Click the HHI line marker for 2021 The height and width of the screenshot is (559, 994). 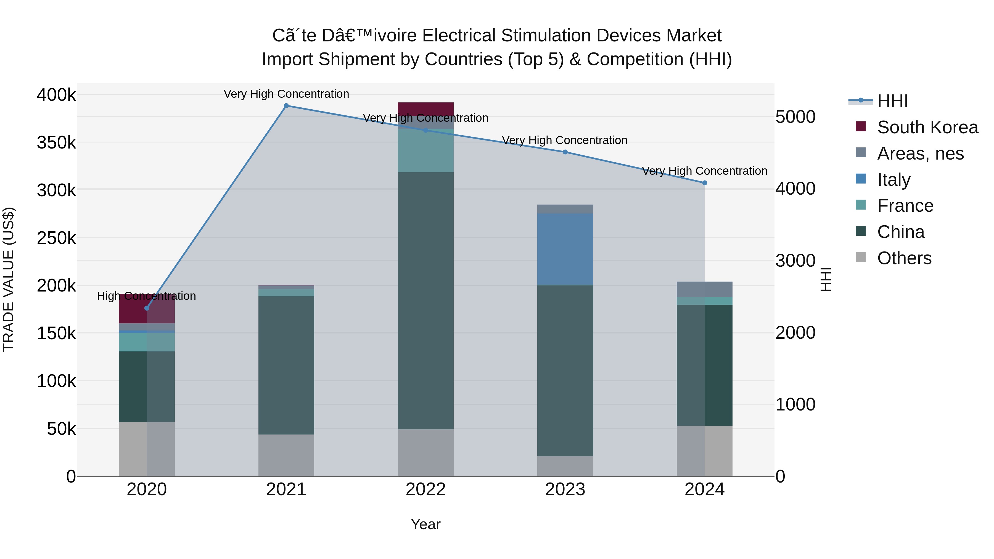point(286,106)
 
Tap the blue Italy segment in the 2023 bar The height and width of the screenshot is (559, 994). point(565,249)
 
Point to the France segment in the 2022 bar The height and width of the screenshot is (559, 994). point(425,151)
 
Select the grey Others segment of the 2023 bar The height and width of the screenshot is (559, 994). point(565,466)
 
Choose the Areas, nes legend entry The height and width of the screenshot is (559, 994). point(920,153)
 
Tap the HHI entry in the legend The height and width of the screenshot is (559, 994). point(892,101)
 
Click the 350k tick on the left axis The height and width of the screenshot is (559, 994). point(56,143)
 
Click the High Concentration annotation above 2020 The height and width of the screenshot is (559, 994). point(146,296)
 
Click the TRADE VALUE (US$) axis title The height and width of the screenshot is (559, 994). point(9,279)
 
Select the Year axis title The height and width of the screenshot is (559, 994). point(425,524)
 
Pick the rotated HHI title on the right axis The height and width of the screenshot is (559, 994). point(825,279)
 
